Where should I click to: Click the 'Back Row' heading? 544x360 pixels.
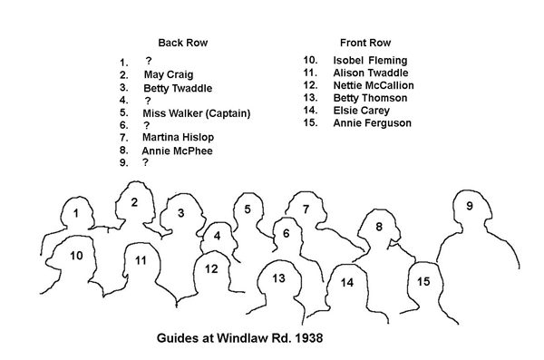click(x=183, y=43)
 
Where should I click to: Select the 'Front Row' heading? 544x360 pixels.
click(x=365, y=43)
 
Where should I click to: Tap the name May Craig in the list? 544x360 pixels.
click(x=169, y=74)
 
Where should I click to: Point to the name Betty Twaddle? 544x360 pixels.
click(x=178, y=88)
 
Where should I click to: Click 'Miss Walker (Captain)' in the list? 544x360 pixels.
click(x=197, y=113)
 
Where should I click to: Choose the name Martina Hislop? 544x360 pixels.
click(x=178, y=137)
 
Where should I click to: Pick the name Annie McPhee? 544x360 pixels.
click(x=177, y=151)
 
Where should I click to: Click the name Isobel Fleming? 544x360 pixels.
click(x=370, y=61)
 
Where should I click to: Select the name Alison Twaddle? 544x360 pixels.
click(x=371, y=73)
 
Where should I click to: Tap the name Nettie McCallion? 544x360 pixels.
click(x=374, y=85)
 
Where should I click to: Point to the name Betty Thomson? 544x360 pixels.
click(x=370, y=98)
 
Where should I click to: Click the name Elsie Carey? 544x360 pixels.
click(x=362, y=111)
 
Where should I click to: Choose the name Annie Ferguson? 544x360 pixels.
click(x=373, y=123)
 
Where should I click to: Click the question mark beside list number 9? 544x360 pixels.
click(x=145, y=162)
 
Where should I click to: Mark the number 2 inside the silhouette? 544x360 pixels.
click(x=134, y=202)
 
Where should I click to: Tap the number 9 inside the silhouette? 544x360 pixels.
click(x=470, y=206)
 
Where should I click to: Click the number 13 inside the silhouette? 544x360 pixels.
click(x=278, y=278)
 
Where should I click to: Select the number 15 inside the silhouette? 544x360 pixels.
click(x=423, y=281)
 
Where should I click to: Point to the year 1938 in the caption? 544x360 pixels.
click(x=309, y=337)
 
